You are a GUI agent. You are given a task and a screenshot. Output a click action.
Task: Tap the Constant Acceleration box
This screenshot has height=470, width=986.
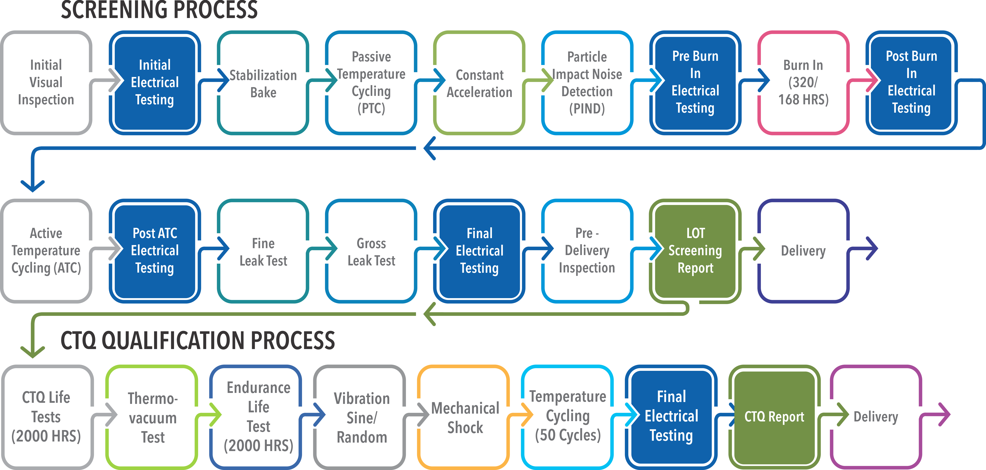[479, 83]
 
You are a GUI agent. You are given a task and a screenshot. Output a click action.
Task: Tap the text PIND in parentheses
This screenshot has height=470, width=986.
[587, 109]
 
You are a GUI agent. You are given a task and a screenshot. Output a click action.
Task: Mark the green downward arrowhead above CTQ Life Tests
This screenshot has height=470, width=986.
[32, 351]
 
